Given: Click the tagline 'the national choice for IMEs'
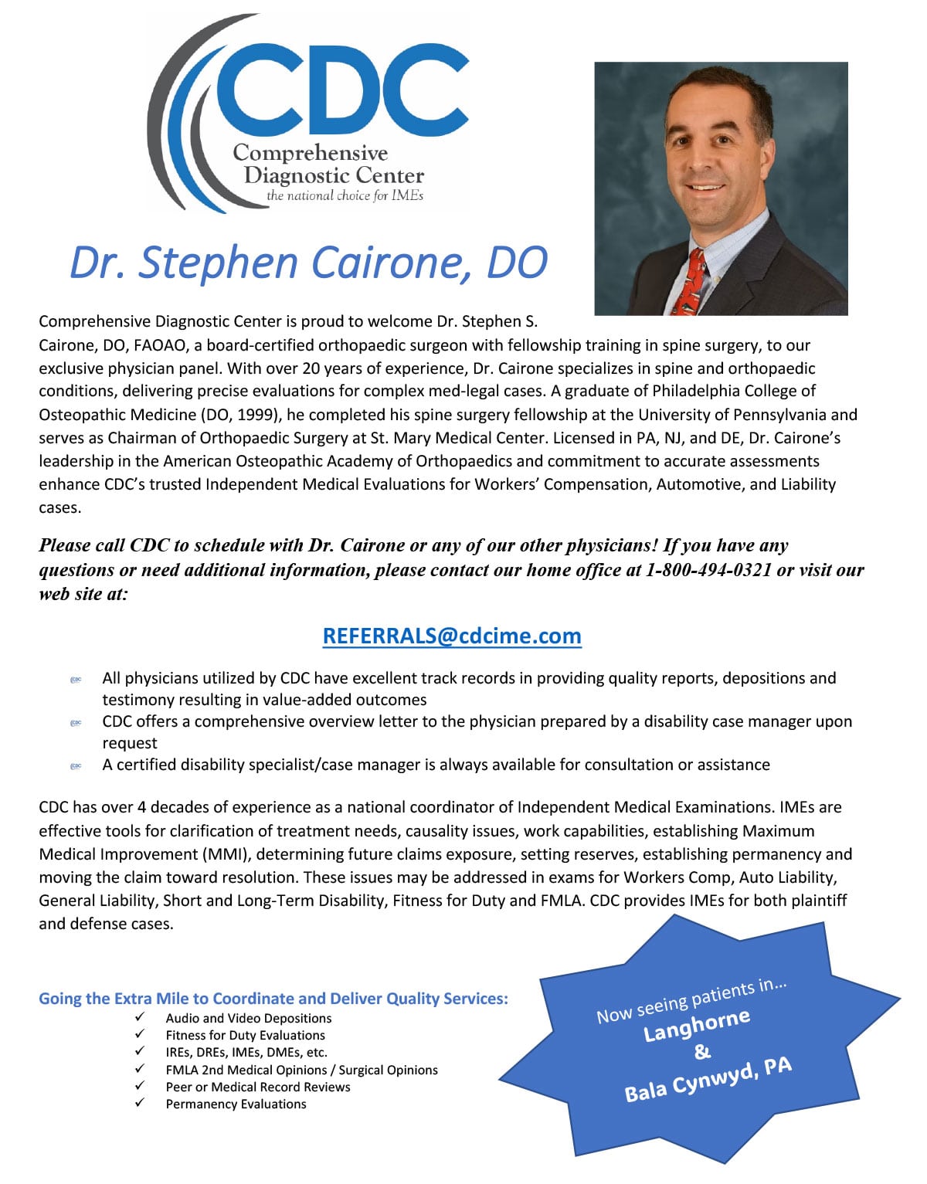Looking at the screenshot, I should [x=345, y=196].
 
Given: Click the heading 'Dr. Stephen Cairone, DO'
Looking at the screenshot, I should [x=308, y=263].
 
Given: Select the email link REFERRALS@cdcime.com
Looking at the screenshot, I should [x=452, y=636].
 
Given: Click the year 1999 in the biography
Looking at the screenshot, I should [x=255, y=415].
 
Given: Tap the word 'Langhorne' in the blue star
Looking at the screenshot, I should [x=697, y=1024].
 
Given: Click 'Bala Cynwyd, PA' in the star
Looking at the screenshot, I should [x=708, y=1079].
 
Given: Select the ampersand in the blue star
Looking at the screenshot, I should [x=702, y=1051].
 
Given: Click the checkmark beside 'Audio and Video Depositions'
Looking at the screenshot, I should [x=140, y=1017].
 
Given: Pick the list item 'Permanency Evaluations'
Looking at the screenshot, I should [x=236, y=1104].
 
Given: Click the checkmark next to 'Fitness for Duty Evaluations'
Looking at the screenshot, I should [x=140, y=1034].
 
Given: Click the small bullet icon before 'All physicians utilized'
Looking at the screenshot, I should [x=76, y=680].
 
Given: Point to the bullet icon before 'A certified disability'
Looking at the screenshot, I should [x=76, y=766].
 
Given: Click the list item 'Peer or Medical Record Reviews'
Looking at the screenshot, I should [x=258, y=1087].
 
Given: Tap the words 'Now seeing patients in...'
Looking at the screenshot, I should [x=691, y=1002].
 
